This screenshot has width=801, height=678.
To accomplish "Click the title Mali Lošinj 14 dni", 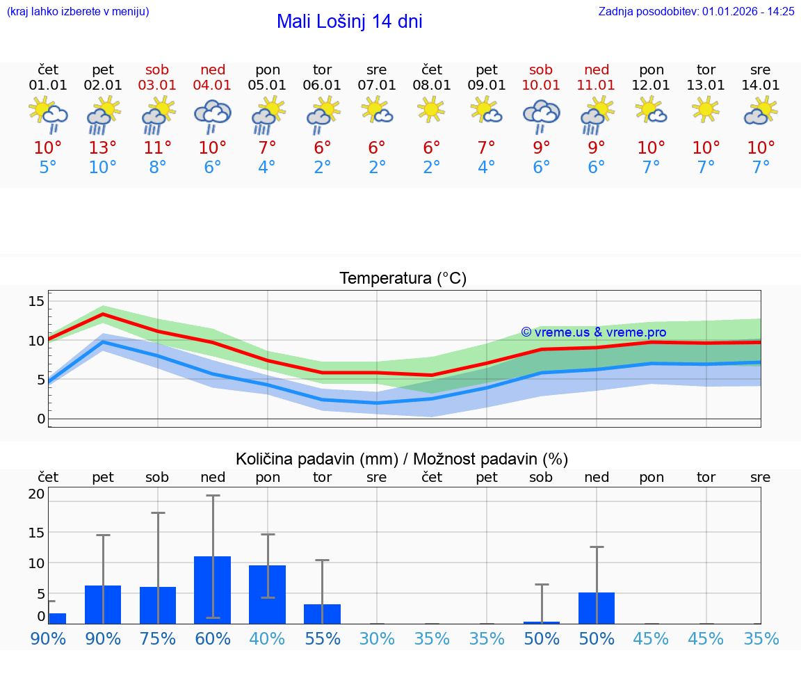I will (349, 22).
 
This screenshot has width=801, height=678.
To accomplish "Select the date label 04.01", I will (213, 86).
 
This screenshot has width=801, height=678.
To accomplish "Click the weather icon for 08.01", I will (431, 110).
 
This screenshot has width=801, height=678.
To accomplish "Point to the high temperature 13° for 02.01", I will (103, 147).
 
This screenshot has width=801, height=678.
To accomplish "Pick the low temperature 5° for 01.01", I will (48, 167).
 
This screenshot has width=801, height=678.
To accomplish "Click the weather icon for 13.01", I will (706, 110).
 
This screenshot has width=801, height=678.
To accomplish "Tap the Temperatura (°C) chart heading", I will (403, 279).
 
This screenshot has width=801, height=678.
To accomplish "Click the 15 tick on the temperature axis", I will (36, 301).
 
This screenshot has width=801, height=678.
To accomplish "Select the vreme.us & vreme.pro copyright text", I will (593, 332).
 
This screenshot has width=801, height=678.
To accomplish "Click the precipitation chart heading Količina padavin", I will (402, 459).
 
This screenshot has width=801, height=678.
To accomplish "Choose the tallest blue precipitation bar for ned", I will (213, 590).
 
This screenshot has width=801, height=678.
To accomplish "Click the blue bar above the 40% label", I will (267, 595).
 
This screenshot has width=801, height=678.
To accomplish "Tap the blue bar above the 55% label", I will (322, 614).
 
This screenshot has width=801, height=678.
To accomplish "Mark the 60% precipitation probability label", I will (213, 638).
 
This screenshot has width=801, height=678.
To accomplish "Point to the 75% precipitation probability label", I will (158, 638).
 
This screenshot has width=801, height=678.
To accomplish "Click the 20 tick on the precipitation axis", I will (36, 494).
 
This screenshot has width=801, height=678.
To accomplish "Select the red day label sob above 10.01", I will (541, 70).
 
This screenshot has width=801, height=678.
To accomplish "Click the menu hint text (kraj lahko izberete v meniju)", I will (78, 11).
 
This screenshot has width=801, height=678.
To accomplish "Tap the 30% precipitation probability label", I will (377, 638).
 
